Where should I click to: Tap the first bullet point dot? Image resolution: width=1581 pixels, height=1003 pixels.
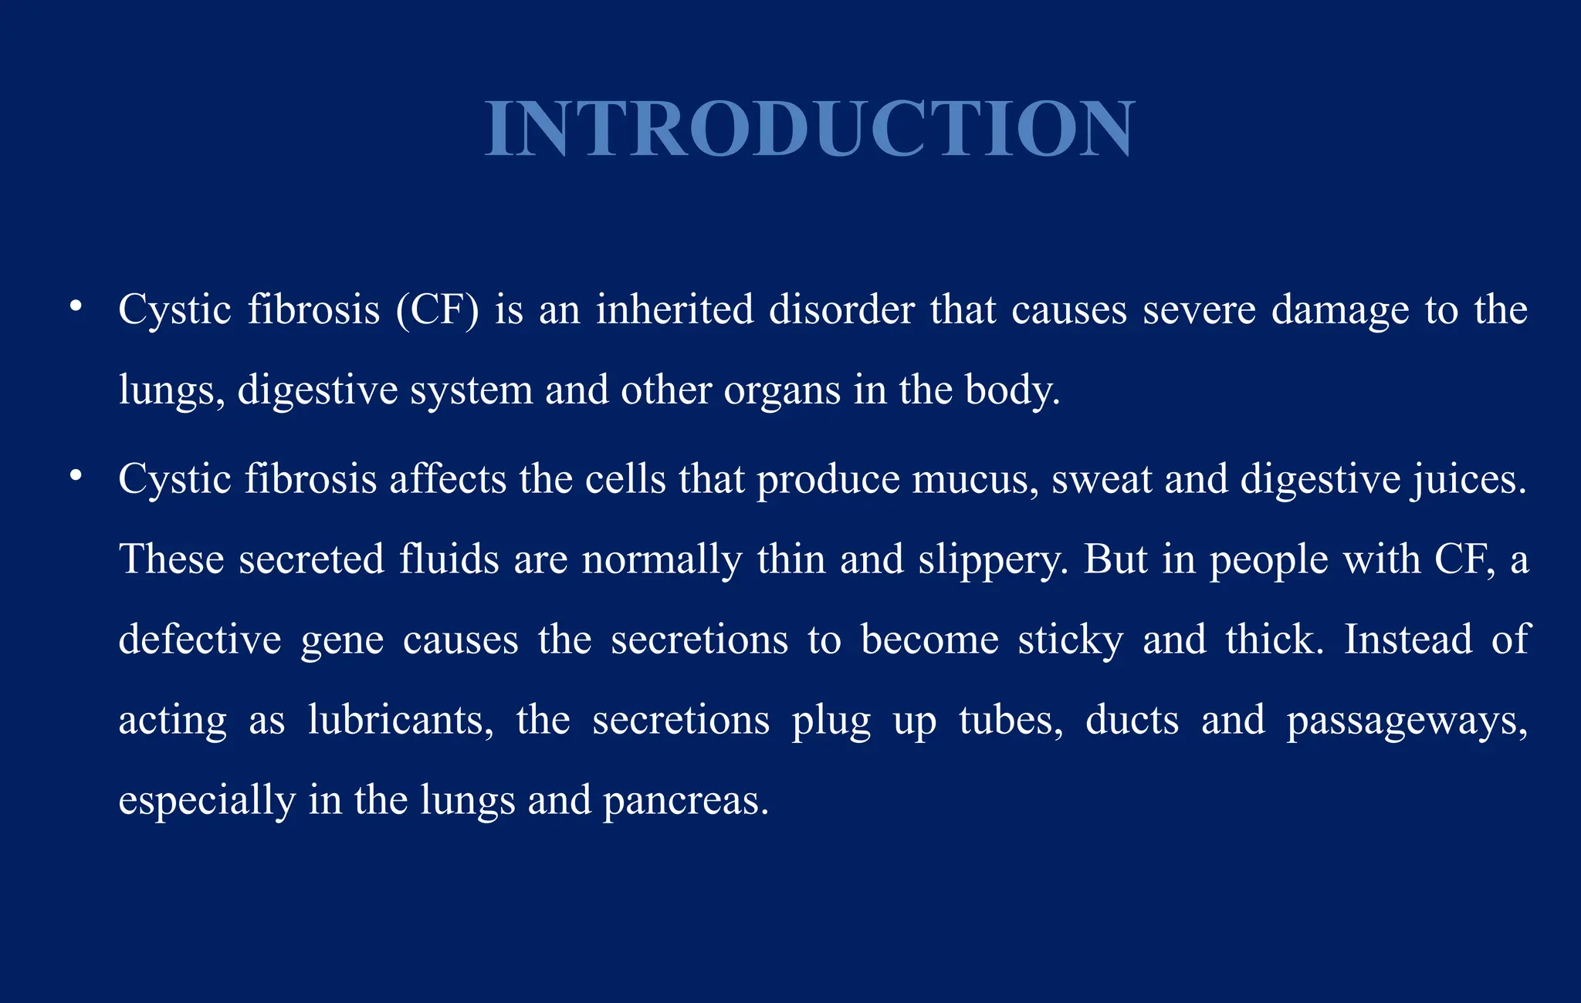[75, 307]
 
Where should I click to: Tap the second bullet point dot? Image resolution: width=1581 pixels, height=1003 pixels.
[75, 476]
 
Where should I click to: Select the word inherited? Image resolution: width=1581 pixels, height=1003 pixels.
[674, 310]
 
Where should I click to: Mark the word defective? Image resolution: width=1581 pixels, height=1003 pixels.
[200, 640]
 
